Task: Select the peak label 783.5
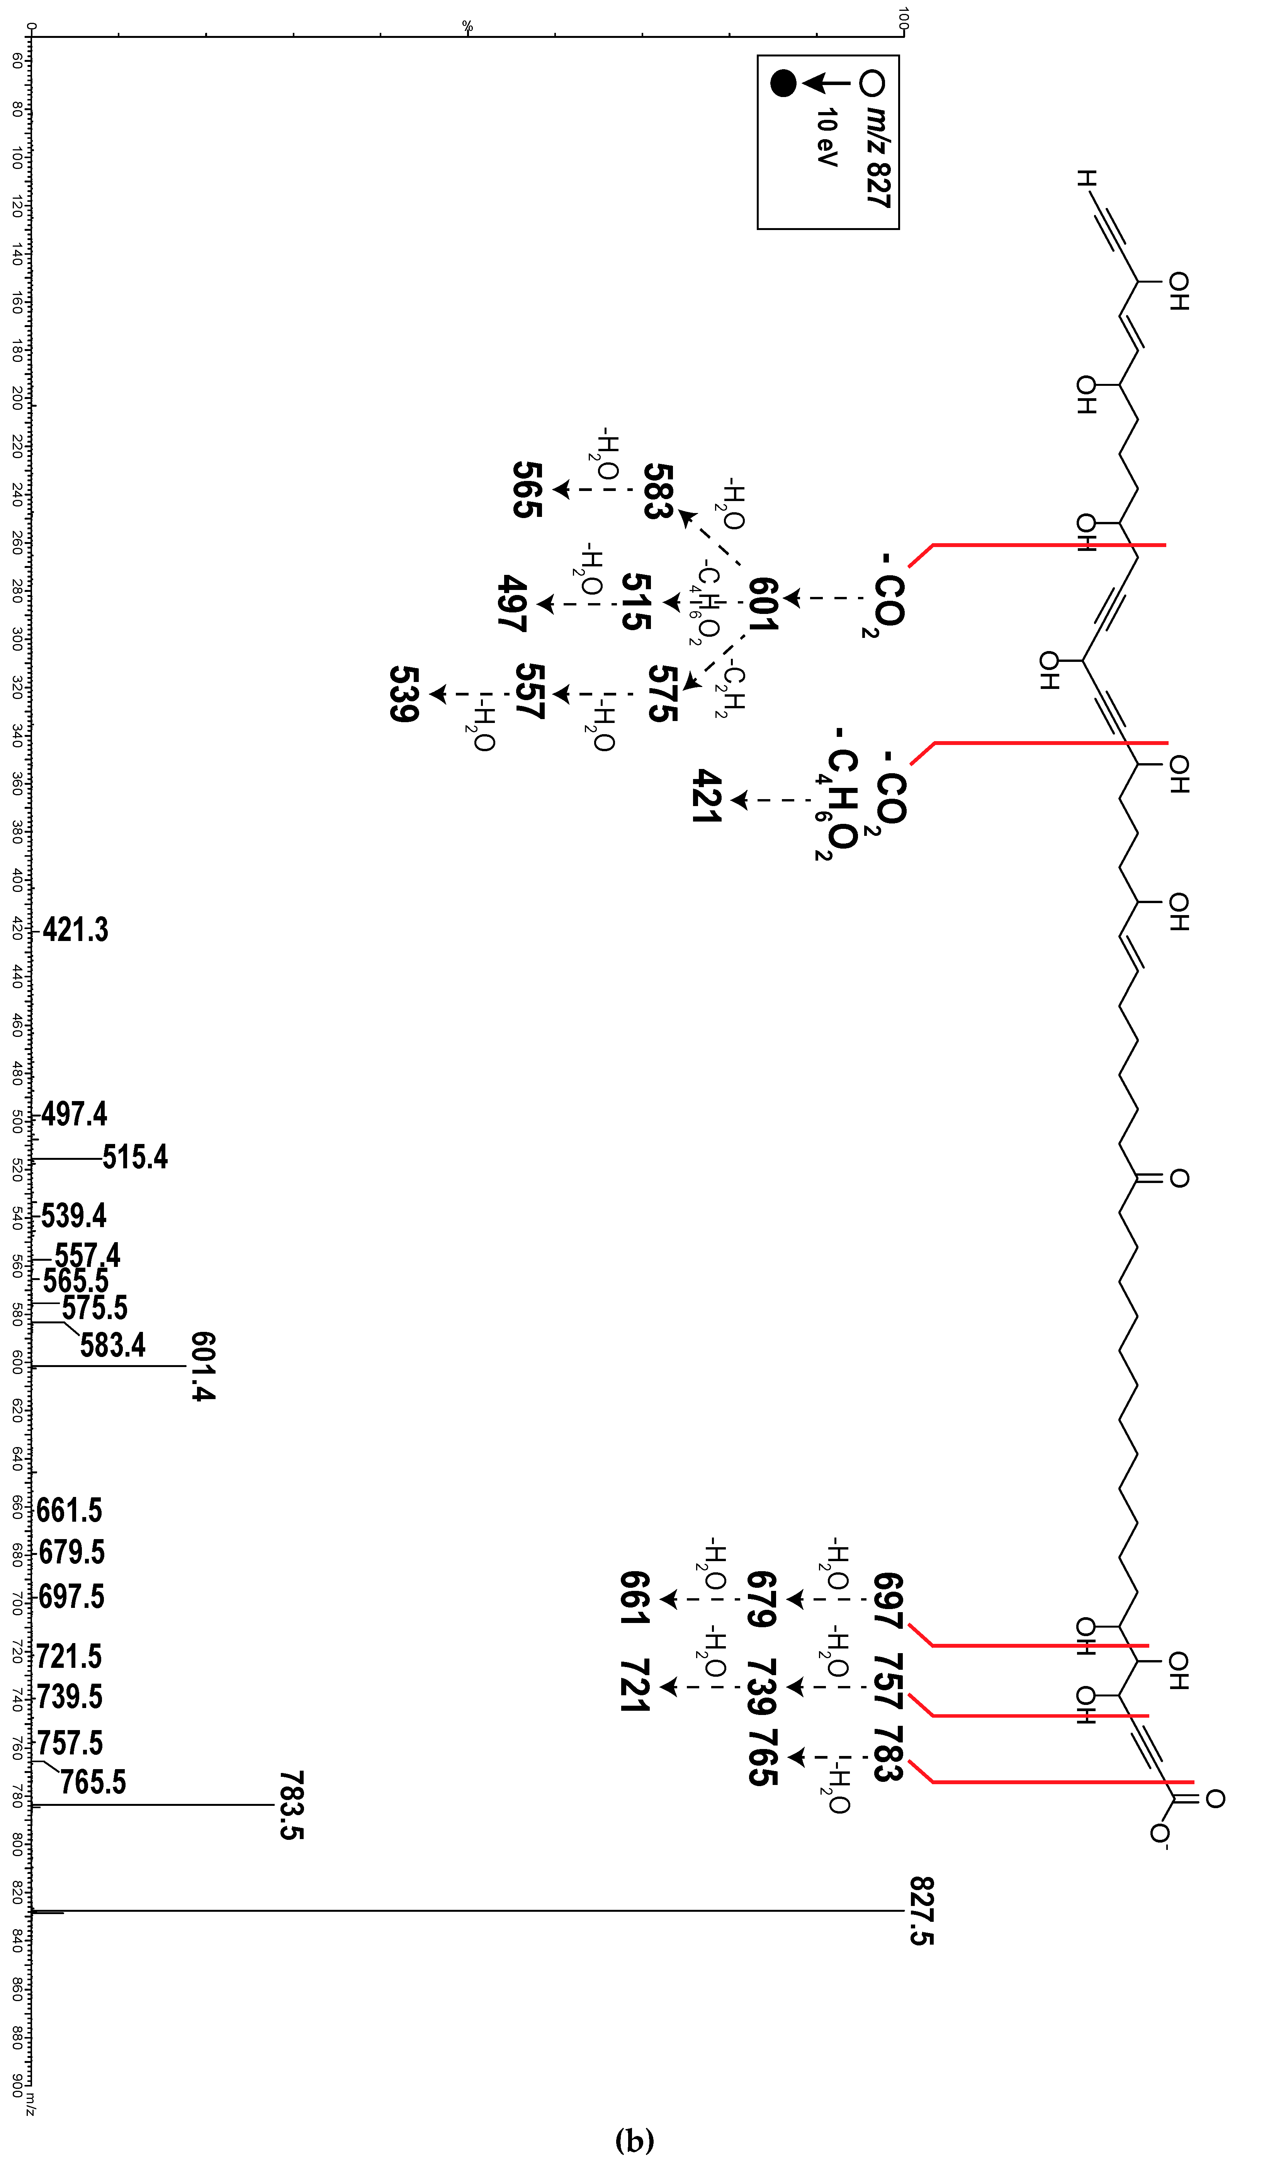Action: click(291, 1804)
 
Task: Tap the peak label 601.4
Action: click(203, 1366)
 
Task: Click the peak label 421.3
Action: click(76, 929)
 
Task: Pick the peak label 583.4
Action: click(112, 1345)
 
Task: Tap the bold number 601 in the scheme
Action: click(763, 604)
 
